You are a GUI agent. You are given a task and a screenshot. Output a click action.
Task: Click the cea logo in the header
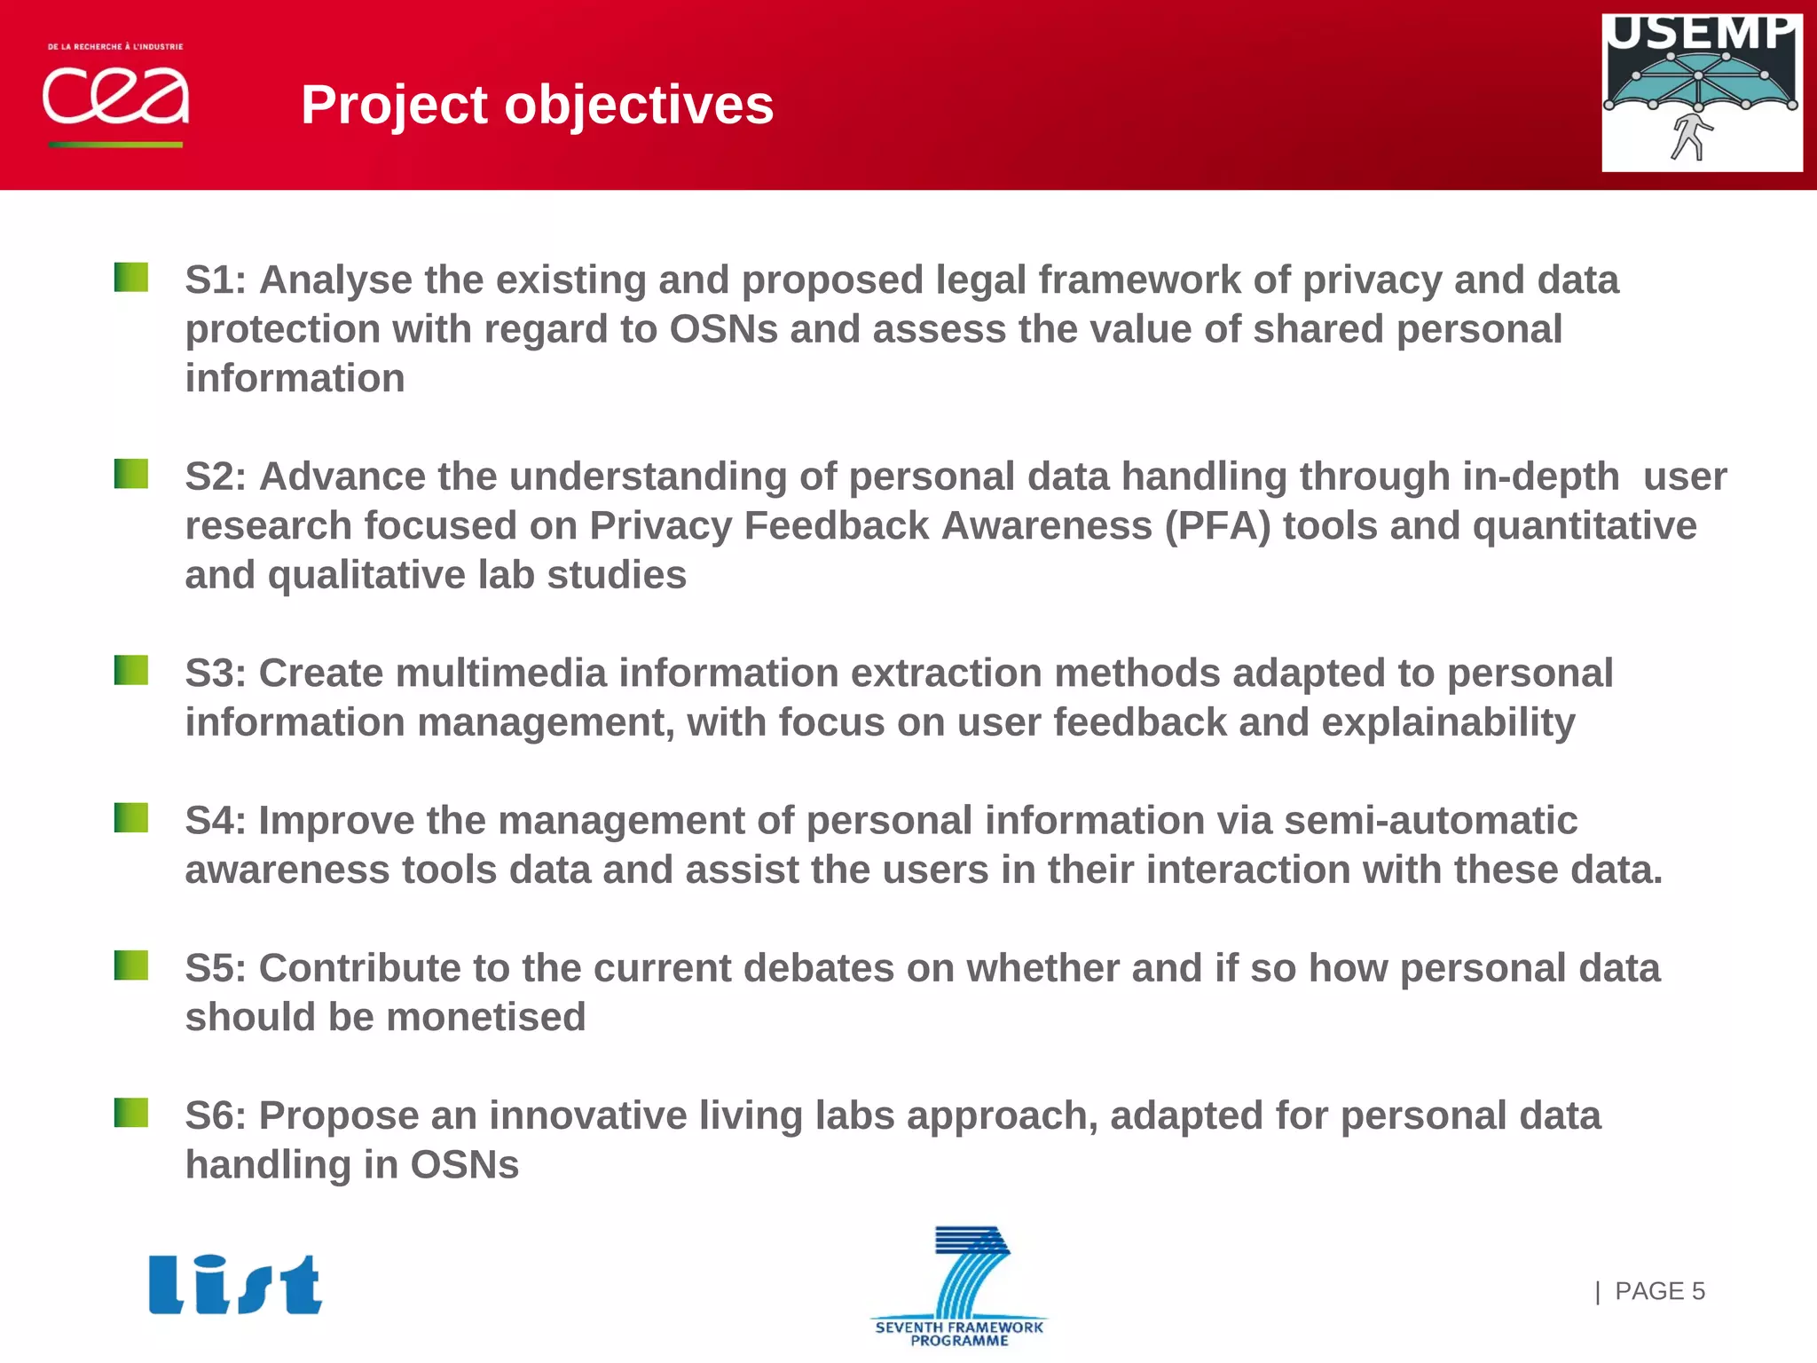click(x=115, y=95)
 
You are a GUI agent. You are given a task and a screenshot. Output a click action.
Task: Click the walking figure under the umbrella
click(x=1690, y=137)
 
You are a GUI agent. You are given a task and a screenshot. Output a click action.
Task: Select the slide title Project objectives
click(x=537, y=105)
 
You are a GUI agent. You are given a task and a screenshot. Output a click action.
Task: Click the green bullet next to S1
click(x=131, y=277)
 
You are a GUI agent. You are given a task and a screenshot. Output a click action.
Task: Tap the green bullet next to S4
click(x=131, y=817)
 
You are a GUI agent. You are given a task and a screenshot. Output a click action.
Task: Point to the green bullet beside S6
click(x=131, y=1112)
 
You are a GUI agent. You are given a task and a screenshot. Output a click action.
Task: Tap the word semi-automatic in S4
click(x=1430, y=821)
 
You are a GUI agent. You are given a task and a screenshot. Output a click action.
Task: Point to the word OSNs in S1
click(x=723, y=329)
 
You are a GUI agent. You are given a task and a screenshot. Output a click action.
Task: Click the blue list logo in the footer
click(x=235, y=1284)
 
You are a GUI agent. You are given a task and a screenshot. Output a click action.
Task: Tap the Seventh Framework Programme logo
click(x=960, y=1287)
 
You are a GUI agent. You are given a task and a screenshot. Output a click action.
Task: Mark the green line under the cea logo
click(x=115, y=145)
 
